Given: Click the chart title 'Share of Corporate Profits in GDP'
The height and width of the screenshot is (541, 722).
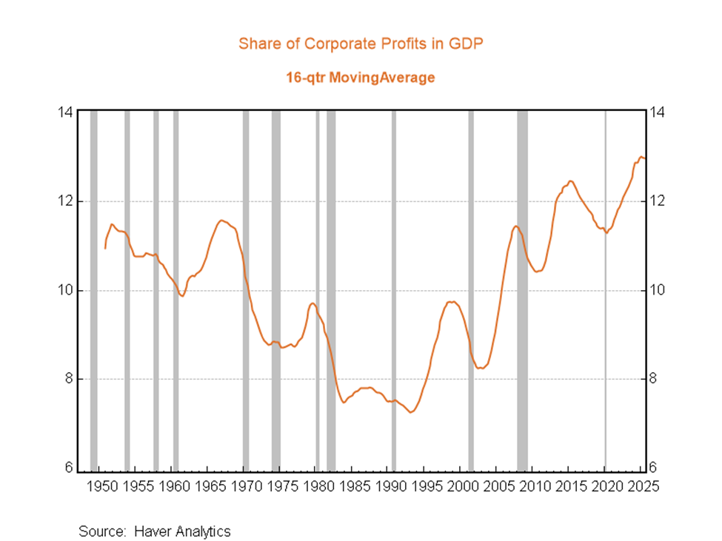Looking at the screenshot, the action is [361, 44].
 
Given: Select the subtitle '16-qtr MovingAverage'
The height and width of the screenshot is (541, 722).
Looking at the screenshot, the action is [361, 77].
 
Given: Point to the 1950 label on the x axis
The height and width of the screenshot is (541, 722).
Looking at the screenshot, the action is [102, 486].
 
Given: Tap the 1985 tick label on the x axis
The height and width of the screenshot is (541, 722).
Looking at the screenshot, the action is [355, 486].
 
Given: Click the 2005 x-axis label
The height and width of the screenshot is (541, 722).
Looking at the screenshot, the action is [498, 486].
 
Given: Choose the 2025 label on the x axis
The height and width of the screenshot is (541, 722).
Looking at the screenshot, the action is [644, 486].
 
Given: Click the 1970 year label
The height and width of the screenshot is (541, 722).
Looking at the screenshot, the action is [247, 486].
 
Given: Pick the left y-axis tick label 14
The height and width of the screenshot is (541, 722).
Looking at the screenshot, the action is [65, 112].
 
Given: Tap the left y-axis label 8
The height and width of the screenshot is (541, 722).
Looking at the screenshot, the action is [69, 378].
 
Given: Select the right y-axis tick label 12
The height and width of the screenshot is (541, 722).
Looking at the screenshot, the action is [657, 201].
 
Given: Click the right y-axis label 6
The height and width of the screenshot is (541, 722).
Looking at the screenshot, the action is [652, 468].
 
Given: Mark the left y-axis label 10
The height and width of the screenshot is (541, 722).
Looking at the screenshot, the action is [65, 290].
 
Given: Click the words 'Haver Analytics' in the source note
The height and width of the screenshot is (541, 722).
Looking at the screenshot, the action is [182, 531].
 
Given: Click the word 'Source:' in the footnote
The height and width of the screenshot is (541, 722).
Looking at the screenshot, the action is [102, 531].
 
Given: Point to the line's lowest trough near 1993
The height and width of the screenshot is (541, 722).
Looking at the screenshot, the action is [411, 412].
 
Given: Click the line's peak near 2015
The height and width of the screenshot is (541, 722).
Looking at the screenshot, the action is [570, 181].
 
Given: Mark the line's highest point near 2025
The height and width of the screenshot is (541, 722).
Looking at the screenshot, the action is [641, 157].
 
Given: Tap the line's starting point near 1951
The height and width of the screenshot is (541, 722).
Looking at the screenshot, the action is [105, 249].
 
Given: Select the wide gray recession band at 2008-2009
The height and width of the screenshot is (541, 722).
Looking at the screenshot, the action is [522, 291].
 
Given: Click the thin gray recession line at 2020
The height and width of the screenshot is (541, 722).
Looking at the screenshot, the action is [605, 291].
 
